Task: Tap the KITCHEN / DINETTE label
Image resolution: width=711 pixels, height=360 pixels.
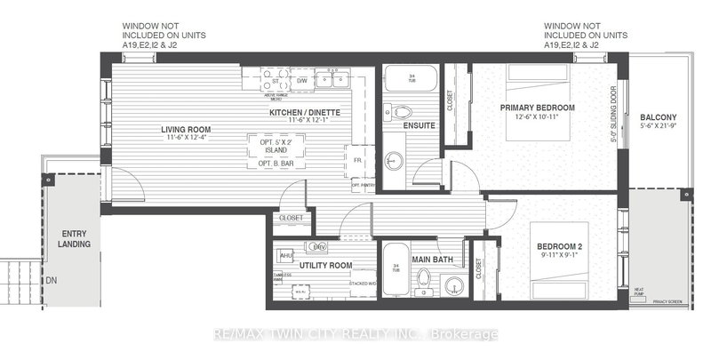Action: (x=305, y=113)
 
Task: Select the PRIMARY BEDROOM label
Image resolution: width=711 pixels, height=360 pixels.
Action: (x=539, y=108)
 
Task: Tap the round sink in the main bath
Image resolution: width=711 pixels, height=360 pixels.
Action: (x=454, y=284)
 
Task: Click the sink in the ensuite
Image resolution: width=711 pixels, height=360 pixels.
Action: (x=396, y=162)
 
